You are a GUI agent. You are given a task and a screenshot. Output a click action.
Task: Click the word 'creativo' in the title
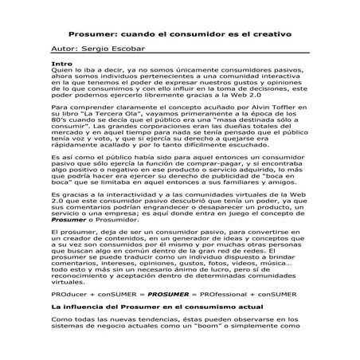(268, 34)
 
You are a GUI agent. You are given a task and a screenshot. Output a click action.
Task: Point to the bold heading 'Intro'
(61, 62)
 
